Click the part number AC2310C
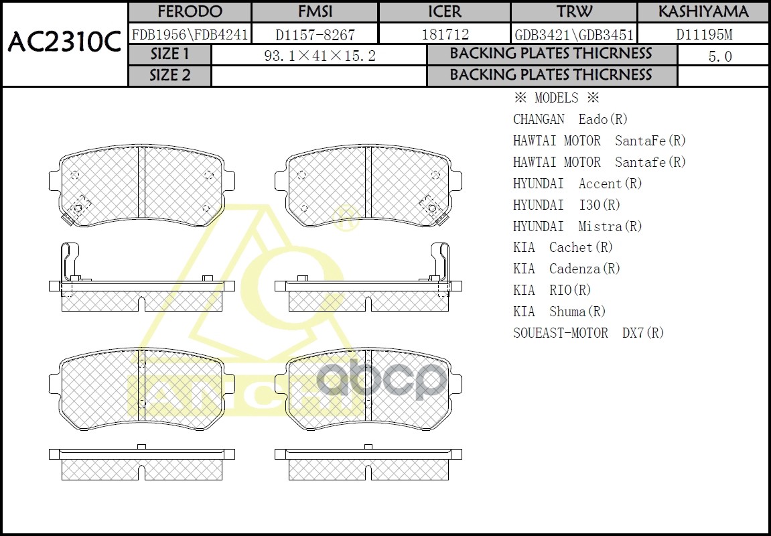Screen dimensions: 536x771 tap(64, 43)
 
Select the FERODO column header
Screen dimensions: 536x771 tap(190, 12)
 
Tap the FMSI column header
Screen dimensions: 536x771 tap(315, 12)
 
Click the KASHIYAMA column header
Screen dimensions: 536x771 tap(703, 12)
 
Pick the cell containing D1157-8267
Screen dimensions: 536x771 tap(315, 34)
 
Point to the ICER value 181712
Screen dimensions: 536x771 tap(445, 34)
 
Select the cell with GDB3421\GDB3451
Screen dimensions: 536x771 tap(573, 34)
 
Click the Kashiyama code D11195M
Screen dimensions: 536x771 tap(703, 34)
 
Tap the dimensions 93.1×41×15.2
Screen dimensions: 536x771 tap(320, 56)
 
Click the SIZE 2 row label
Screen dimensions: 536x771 tap(169, 76)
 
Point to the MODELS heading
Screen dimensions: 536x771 tap(555, 98)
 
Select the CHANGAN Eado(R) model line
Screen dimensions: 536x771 tap(570, 119)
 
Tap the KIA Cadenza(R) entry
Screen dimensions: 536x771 tap(567, 269)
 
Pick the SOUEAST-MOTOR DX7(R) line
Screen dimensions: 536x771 tap(588, 333)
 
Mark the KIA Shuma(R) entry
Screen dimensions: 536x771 tap(559, 312)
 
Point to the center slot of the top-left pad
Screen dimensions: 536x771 tap(141, 181)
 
